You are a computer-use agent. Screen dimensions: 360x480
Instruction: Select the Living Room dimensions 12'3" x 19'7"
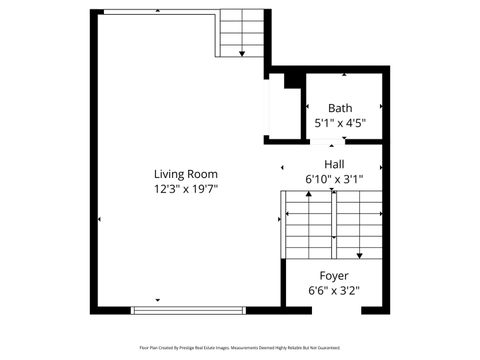pos(185,188)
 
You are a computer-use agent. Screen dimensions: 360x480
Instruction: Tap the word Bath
pos(340,108)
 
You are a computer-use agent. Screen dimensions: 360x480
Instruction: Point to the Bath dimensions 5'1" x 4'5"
pos(340,124)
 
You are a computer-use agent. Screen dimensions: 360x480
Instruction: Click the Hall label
pos(334,164)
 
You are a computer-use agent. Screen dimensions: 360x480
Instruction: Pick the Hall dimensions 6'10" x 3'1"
pos(334,180)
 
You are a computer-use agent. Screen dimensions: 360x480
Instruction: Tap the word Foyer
pos(333,275)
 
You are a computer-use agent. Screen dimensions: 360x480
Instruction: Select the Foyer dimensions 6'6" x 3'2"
pos(333,291)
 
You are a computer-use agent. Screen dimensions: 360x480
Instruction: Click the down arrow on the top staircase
pos(241,52)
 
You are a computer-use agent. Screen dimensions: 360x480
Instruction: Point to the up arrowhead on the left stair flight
pos(309,196)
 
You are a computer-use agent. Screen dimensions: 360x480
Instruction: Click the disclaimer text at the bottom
pos(240,348)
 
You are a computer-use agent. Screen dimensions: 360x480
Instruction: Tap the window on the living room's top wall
pos(160,12)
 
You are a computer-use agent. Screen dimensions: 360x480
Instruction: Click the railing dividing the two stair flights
pos(332,225)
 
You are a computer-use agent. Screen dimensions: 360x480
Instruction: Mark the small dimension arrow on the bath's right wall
pos(381,108)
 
